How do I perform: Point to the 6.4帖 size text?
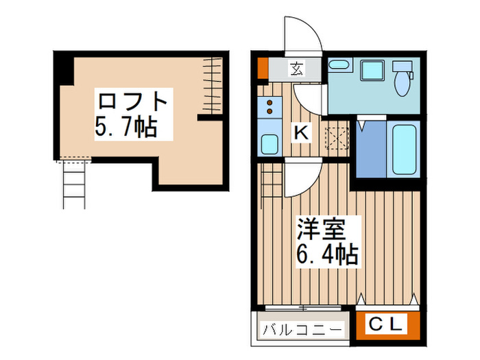326,255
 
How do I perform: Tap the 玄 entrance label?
296,69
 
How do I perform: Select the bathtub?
405,149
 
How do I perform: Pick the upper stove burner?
270,102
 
